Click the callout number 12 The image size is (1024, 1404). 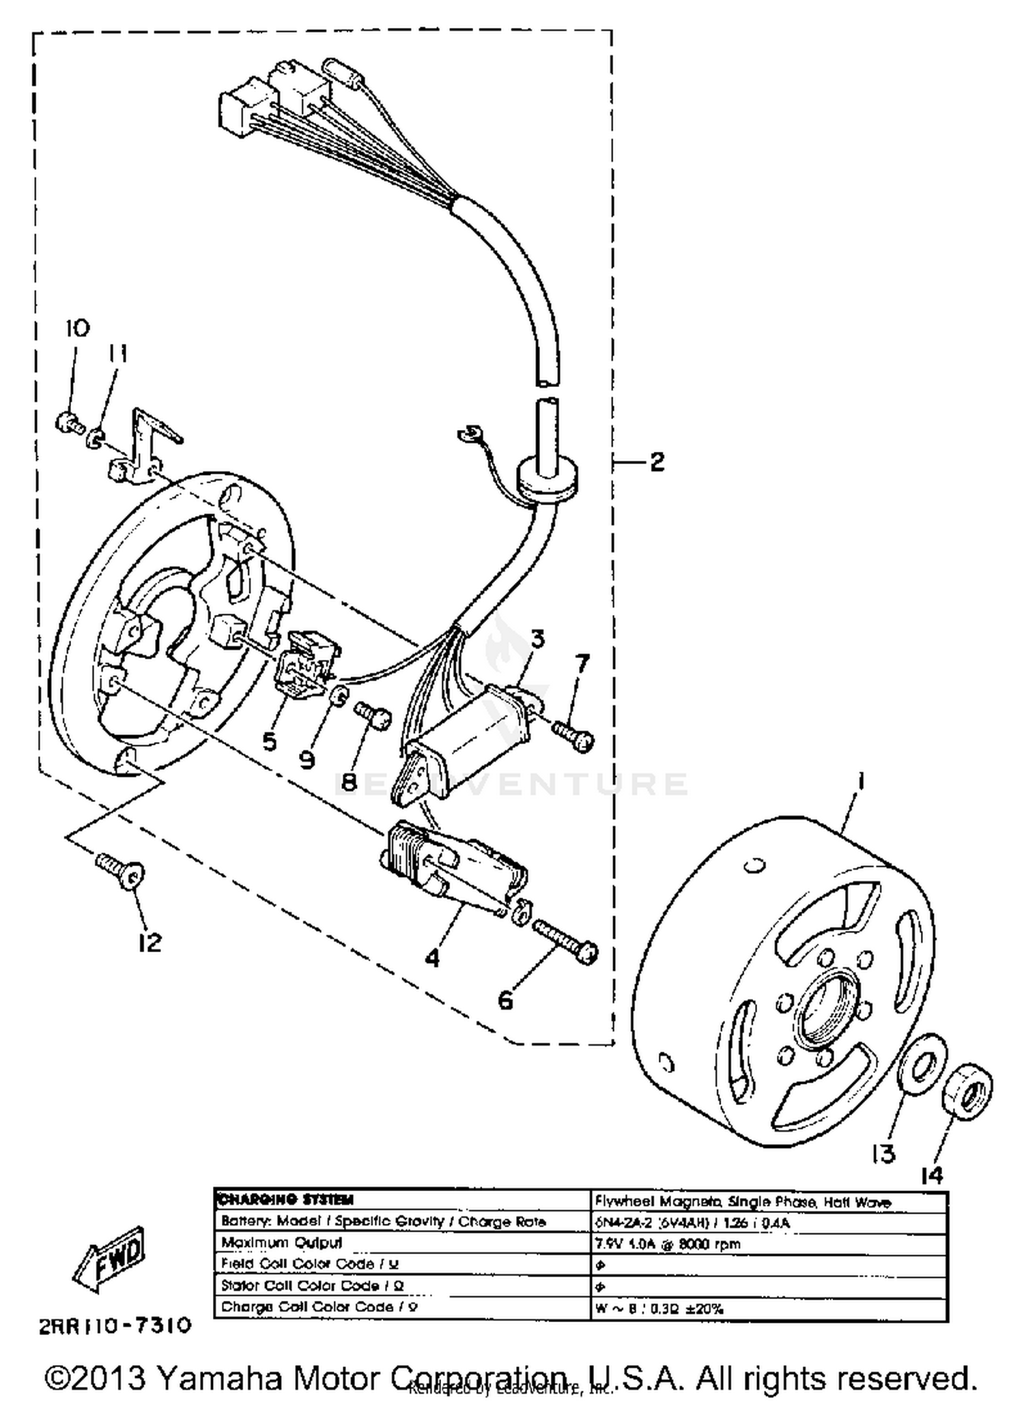pos(150,943)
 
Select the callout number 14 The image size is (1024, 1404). pos(932,1175)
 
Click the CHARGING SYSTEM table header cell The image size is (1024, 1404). pos(287,1200)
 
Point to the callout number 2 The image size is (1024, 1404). pos(657,462)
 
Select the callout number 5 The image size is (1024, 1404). pos(270,741)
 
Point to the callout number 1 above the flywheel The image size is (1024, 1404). pos(862,780)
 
